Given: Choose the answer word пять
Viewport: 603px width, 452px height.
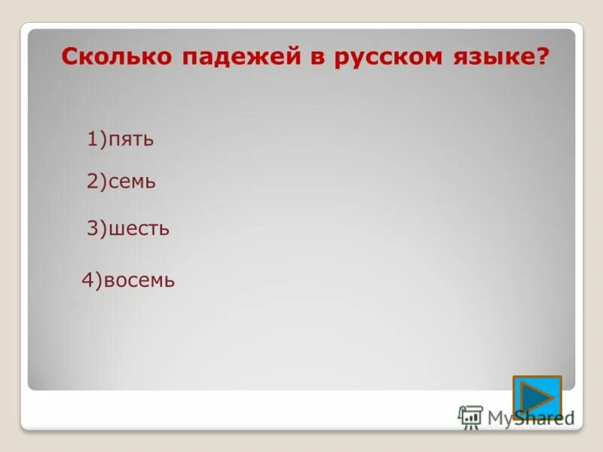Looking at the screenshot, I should pos(131,140).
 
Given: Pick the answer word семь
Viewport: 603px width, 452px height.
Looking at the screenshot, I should pos(133,182).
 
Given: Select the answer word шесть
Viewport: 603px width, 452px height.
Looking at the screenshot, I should pos(139,228).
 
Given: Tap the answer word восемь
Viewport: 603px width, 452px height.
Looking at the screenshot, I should pos(139,281).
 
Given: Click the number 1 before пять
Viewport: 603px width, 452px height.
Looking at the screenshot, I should pos(92,139).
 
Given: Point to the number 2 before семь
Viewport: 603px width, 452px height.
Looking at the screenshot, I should pos(92,181).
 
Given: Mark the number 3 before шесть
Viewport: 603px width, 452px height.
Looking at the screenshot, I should pos(92,228).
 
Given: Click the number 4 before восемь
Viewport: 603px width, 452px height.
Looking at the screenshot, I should pos(87,280).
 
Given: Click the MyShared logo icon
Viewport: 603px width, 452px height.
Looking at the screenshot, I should pos(470,417).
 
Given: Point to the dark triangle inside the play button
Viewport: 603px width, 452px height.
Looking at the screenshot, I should pos(537,397).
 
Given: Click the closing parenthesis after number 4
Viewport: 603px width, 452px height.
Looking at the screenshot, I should pos(99,281).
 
